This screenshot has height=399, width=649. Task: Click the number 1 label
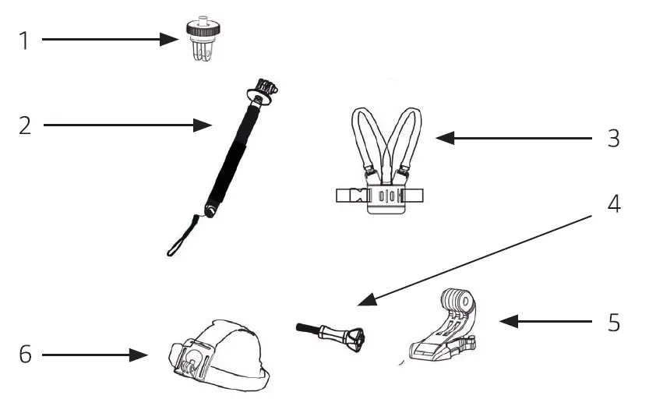(24, 40)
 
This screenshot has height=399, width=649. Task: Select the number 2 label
(26, 125)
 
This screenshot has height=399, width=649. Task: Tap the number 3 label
(613, 139)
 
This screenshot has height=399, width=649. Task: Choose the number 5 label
(614, 321)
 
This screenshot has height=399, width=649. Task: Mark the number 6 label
(26, 355)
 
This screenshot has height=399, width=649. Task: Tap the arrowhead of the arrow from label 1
(173, 39)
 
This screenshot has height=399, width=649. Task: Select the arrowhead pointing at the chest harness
(443, 139)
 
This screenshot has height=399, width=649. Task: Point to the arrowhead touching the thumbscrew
(365, 301)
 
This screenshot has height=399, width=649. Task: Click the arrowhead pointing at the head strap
(141, 355)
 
